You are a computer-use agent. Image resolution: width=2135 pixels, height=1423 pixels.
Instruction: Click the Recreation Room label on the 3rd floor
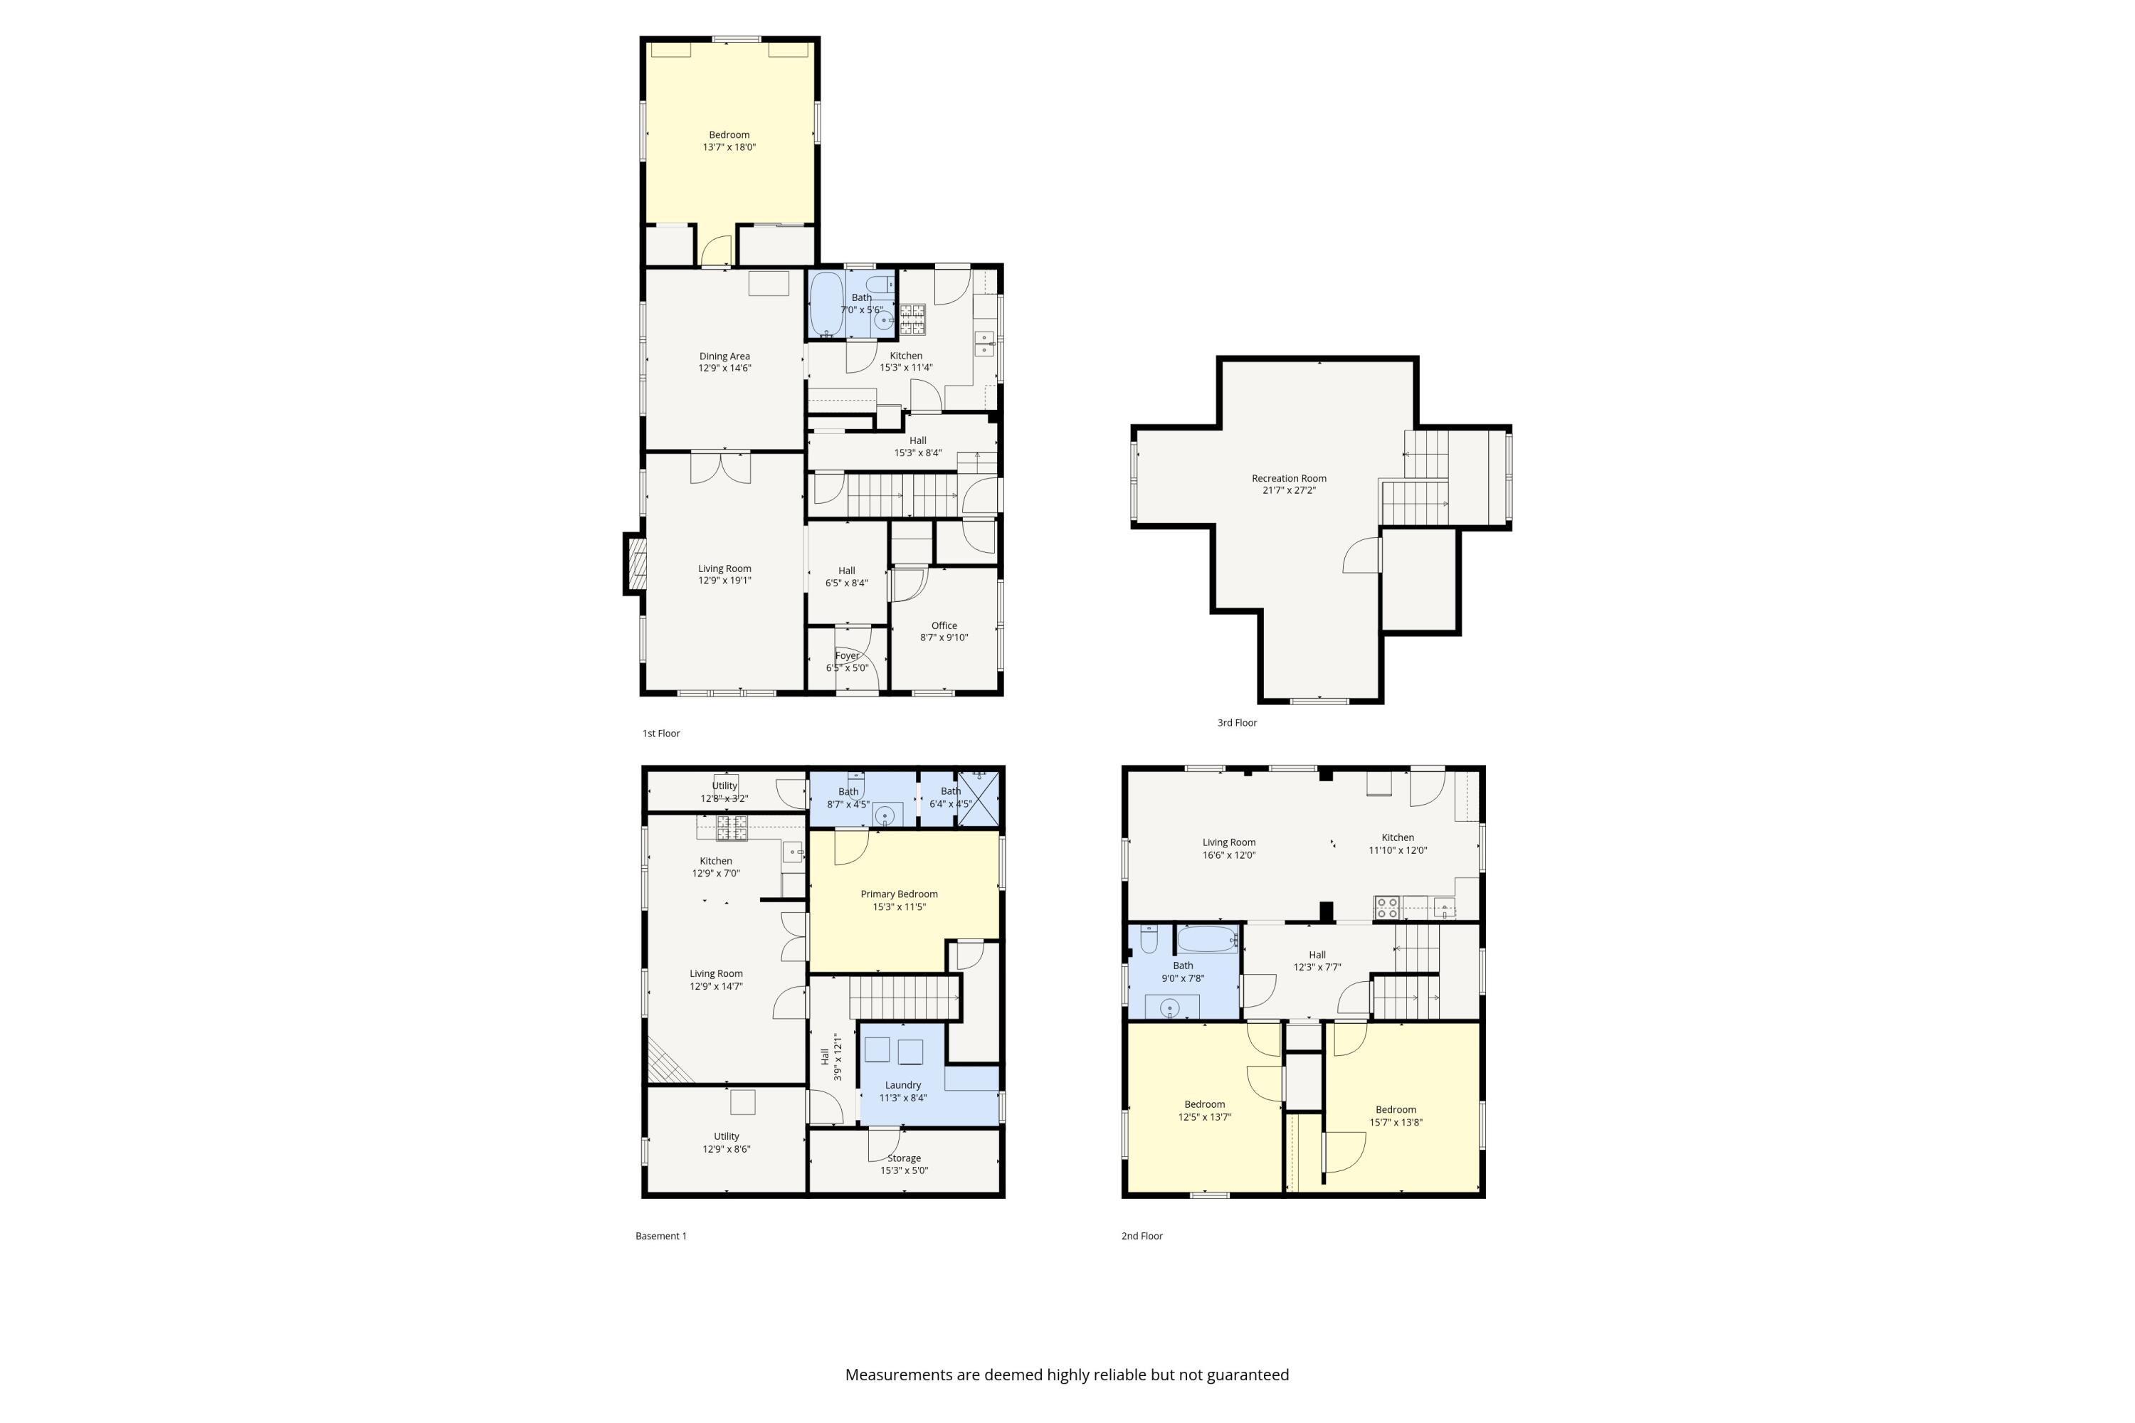pos(1288,478)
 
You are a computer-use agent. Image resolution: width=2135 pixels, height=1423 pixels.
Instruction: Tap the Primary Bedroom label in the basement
pos(899,894)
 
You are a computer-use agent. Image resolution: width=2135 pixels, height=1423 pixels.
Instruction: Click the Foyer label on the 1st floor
pos(846,655)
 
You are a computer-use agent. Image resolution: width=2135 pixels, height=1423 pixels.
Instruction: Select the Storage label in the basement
pos(903,1158)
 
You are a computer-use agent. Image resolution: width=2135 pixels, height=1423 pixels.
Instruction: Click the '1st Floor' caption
pos(661,734)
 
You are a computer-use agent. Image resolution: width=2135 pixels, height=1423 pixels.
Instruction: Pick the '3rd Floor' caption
pos(1236,722)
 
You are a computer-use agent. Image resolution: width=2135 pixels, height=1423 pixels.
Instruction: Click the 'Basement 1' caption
pos(661,1236)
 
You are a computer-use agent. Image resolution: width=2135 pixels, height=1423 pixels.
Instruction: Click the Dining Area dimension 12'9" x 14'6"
pos(724,369)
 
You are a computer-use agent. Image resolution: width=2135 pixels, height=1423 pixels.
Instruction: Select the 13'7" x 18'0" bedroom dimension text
pos(729,147)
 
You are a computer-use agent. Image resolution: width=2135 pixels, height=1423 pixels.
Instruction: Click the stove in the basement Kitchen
pos(732,827)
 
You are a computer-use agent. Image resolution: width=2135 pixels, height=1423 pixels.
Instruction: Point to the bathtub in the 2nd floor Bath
pos(1206,939)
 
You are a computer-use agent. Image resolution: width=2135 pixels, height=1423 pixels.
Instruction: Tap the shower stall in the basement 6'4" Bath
pos(979,798)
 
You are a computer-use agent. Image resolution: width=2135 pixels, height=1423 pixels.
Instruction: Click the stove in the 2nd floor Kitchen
pos(1386,908)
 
